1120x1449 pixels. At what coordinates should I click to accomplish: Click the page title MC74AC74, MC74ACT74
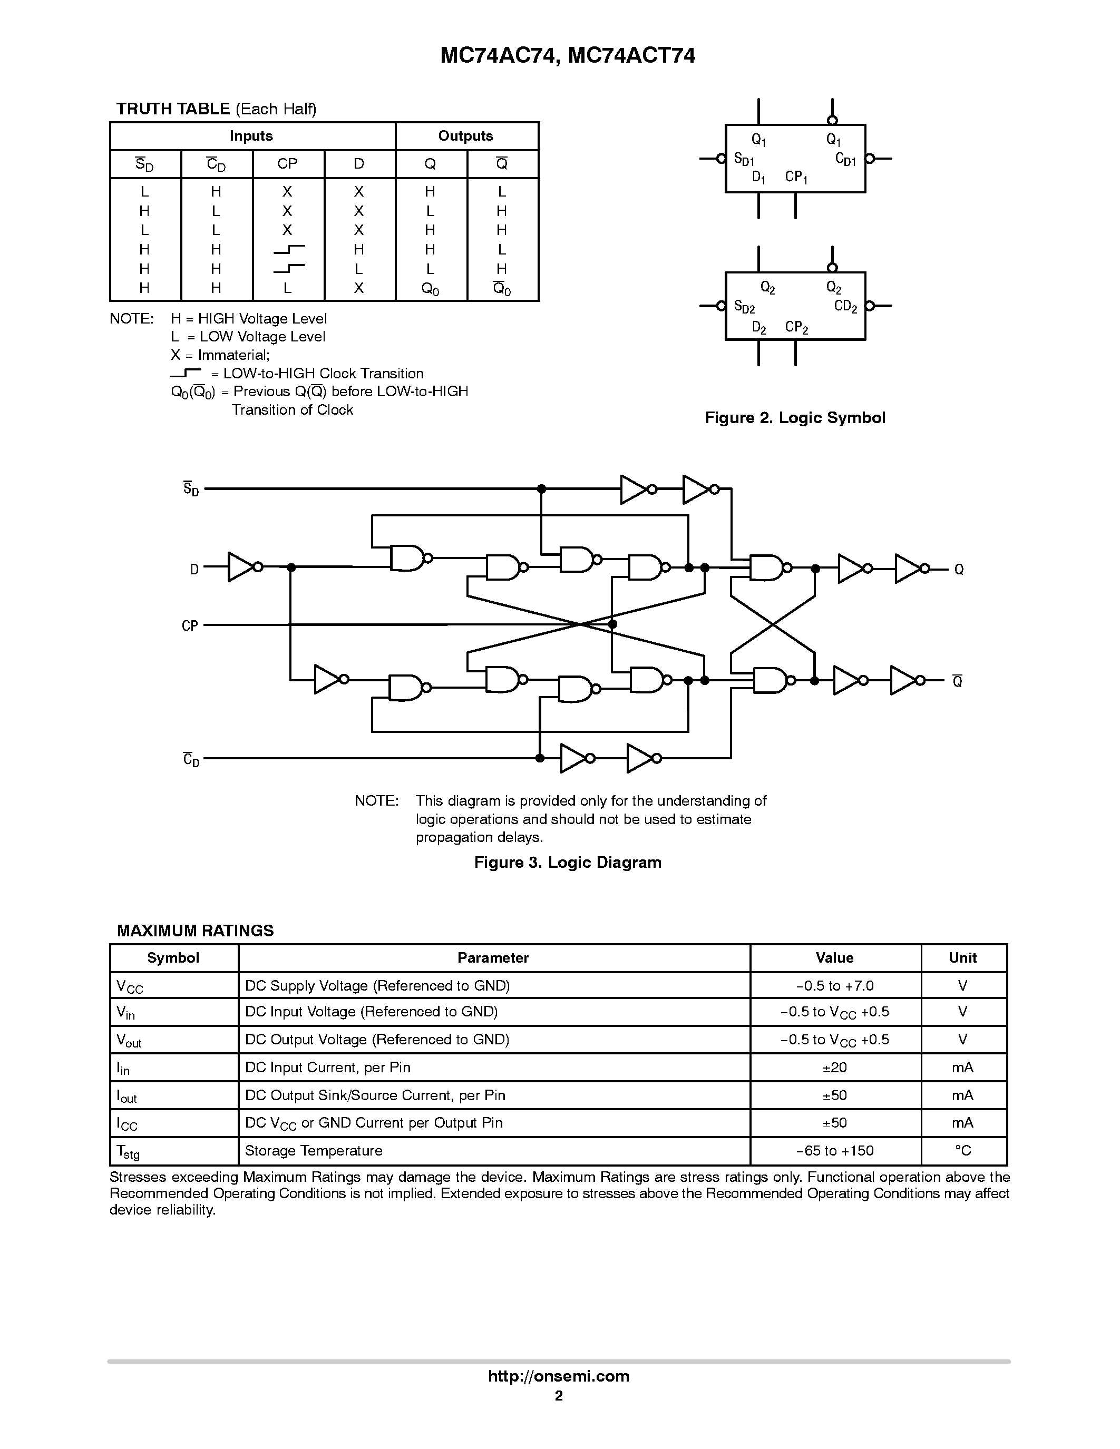point(567,56)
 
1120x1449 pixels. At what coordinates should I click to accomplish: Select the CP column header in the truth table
point(287,164)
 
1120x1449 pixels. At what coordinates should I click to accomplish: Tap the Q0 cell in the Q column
point(431,289)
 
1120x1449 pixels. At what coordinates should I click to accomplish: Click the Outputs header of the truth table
point(466,136)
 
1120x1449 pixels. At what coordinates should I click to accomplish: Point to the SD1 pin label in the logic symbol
point(744,160)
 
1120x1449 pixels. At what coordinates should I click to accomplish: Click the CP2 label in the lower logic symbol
point(796,327)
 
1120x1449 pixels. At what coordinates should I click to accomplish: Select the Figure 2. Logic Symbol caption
point(795,418)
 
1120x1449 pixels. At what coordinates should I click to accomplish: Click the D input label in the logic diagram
point(194,569)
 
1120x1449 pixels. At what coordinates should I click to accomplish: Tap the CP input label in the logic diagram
point(190,625)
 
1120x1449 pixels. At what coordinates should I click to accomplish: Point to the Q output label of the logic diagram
point(959,569)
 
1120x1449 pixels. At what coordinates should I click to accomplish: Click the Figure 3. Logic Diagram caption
point(567,863)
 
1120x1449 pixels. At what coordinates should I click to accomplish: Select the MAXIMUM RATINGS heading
point(195,931)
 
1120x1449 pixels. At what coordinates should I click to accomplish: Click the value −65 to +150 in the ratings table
point(835,1151)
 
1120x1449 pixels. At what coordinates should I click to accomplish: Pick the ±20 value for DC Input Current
point(835,1068)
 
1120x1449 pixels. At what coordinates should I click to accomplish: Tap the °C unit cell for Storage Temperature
point(963,1151)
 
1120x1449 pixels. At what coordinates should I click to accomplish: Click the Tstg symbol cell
point(128,1152)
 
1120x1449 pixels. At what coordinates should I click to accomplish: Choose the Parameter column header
point(493,958)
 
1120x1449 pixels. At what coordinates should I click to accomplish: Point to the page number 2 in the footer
point(559,1396)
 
